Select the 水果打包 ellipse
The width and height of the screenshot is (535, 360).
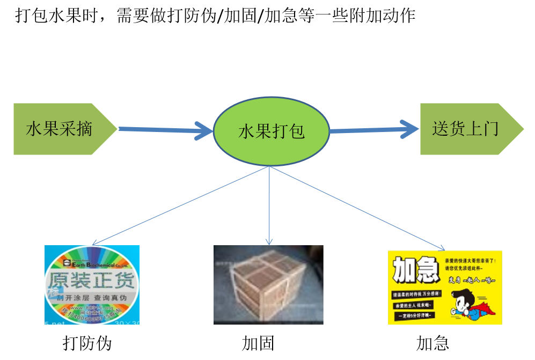pos(271,131)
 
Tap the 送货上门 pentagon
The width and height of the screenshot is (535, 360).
pos(466,129)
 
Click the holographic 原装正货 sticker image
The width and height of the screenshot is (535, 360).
pos(92,284)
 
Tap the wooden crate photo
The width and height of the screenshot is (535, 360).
pos(268,284)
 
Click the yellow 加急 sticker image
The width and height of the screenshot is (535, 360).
pos(445,287)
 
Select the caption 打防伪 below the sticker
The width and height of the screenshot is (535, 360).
pos(87,343)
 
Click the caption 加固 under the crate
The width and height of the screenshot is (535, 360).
pos(258,343)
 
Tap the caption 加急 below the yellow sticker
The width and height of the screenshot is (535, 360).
pos(433,343)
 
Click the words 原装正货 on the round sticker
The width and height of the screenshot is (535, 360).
pos(92,281)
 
